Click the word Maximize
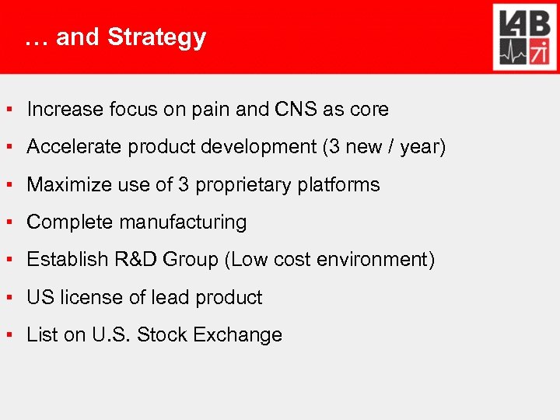click(65, 184)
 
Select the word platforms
click(339, 185)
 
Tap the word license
click(82, 297)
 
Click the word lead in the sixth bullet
click(171, 297)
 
